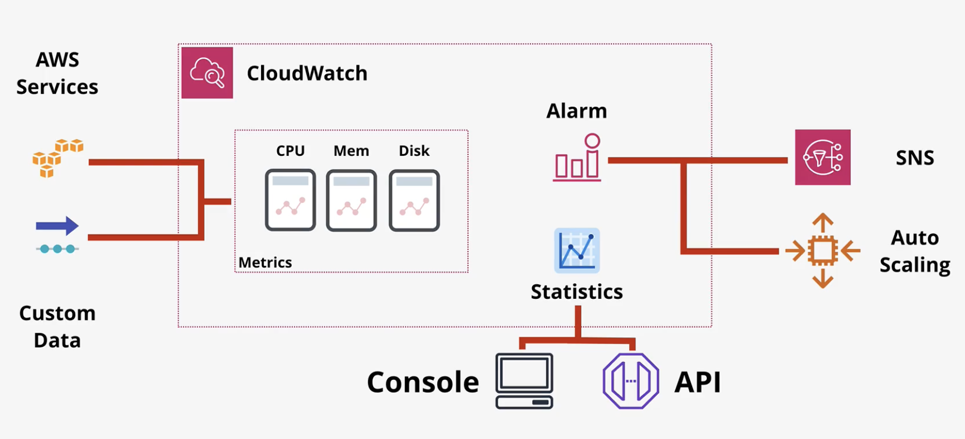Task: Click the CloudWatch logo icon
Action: [207, 73]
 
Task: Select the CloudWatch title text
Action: [307, 73]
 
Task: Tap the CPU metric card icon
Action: [291, 200]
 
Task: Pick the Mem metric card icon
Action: [351, 200]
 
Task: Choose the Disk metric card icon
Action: [414, 200]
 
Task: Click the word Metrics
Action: [265, 262]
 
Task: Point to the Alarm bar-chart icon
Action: [577, 158]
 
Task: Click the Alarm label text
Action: [576, 111]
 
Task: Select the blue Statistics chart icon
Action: [577, 250]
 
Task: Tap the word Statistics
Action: [577, 292]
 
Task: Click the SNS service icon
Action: [823, 157]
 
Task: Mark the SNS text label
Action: [915, 158]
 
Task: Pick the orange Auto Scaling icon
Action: [823, 251]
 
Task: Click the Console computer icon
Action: [524, 381]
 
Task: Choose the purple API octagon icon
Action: [631, 381]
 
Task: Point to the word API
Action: [698, 382]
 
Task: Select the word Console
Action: [423, 382]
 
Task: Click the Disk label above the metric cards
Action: [414, 150]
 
